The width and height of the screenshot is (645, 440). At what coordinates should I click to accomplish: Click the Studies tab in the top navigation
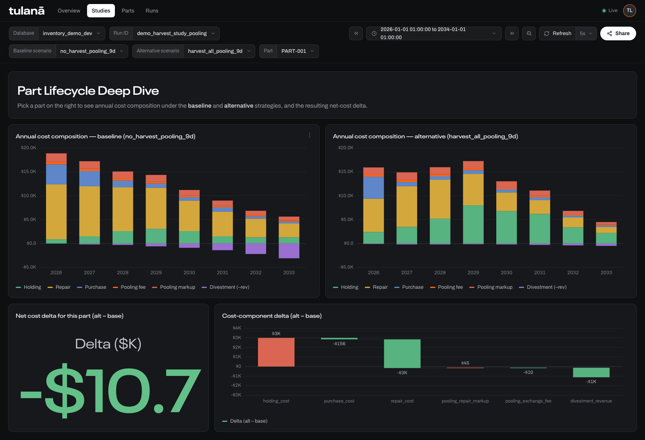[101, 10]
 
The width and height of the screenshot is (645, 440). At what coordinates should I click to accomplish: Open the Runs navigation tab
[152, 10]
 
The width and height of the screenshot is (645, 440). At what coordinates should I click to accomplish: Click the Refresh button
[558, 33]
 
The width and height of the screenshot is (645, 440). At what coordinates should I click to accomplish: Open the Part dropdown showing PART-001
[298, 51]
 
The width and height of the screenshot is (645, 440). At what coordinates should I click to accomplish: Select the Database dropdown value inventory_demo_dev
[71, 33]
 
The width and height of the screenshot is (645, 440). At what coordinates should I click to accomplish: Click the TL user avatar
[629, 10]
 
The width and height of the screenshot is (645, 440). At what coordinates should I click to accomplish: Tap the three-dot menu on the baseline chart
[310, 135]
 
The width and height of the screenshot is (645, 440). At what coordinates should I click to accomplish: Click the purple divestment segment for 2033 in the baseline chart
[289, 251]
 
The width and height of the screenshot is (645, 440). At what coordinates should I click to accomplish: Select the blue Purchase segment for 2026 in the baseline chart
[56, 174]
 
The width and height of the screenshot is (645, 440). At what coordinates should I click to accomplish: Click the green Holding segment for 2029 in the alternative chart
[473, 225]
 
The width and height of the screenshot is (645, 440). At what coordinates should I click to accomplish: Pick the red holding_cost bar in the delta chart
[276, 352]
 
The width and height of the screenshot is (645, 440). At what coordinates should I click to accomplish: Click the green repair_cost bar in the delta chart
[402, 354]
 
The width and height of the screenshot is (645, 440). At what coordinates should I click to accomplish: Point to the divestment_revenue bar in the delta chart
[591, 373]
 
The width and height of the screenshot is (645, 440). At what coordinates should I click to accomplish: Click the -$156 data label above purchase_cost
[339, 344]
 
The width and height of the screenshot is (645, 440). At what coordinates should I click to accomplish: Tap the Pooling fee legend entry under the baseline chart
[129, 287]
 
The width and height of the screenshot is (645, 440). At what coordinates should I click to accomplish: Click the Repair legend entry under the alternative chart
[376, 287]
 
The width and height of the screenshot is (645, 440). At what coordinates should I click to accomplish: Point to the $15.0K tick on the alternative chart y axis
[346, 171]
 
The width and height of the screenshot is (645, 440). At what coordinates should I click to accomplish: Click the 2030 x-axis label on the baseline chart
[189, 272]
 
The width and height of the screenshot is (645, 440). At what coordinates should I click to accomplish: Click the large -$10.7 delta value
[110, 390]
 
